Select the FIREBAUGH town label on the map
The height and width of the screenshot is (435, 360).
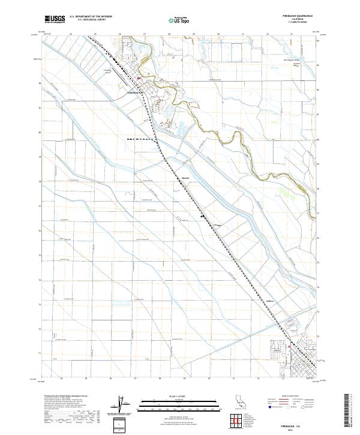tap(135, 93)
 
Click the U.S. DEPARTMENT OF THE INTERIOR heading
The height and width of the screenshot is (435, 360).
tap(91, 17)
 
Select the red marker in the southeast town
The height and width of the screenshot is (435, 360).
tap(290, 346)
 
